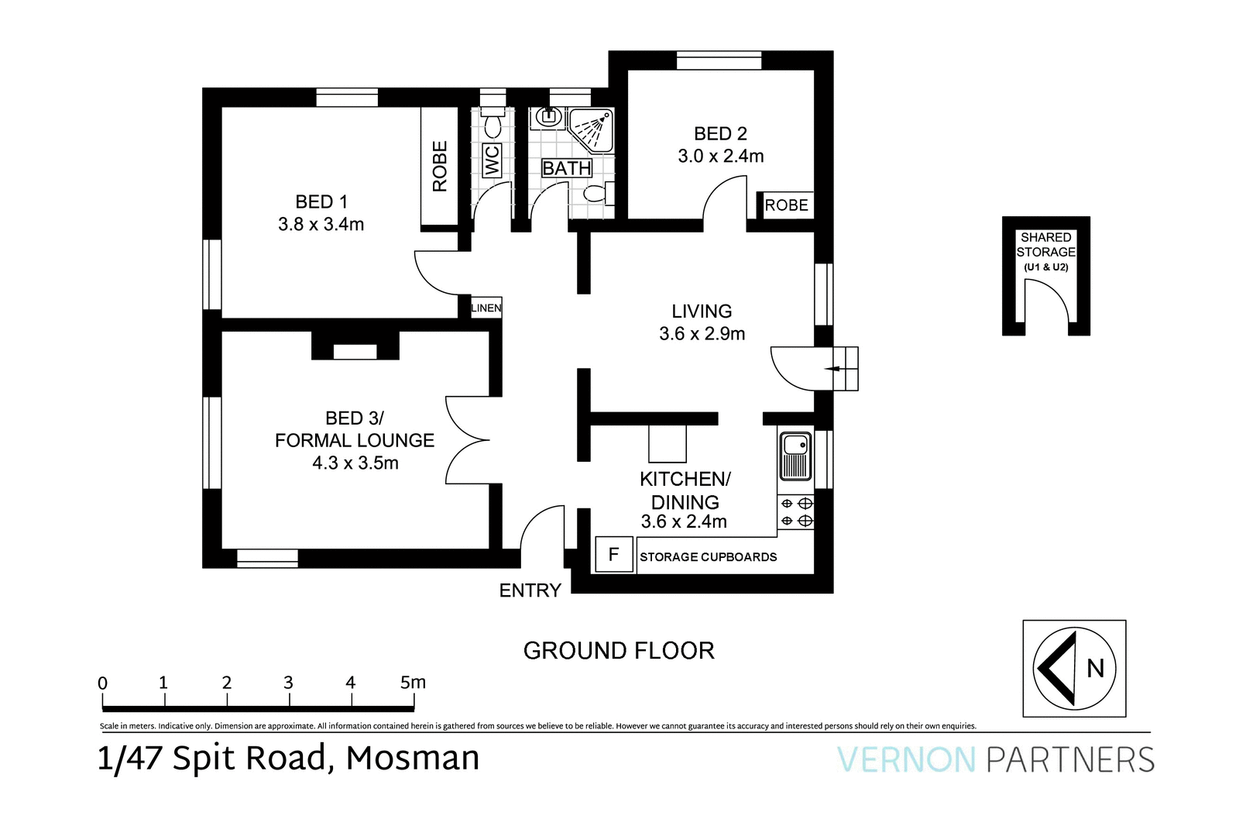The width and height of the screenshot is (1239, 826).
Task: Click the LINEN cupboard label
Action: point(486,308)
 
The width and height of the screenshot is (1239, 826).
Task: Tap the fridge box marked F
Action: point(613,555)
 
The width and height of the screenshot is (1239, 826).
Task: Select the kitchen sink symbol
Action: point(795,456)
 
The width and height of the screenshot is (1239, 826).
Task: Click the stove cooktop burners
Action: point(795,512)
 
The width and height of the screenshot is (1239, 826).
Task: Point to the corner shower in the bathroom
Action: point(592,129)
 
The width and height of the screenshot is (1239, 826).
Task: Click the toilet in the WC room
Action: point(493,124)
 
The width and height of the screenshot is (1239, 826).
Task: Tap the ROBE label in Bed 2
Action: point(786,205)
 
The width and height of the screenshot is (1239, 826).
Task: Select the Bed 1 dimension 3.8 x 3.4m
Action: point(321,225)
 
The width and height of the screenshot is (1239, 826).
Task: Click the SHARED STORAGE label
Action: point(1045,245)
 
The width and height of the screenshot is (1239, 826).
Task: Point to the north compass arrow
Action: point(1062,668)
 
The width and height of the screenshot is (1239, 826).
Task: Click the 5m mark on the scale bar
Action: point(413,683)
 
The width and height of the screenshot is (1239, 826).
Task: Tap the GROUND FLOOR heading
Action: point(619,651)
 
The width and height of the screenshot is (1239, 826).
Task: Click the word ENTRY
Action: point(530,591)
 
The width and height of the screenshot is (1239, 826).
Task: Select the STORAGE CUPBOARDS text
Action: point(708,557)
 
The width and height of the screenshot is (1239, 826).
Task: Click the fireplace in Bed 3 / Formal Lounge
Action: point(355,346)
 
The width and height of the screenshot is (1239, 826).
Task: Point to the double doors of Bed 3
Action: point(467,440)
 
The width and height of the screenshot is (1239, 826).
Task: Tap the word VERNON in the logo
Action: point(906,759)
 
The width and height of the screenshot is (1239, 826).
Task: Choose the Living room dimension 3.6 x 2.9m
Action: point(702,334)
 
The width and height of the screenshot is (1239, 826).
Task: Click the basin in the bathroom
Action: point(548,117)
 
